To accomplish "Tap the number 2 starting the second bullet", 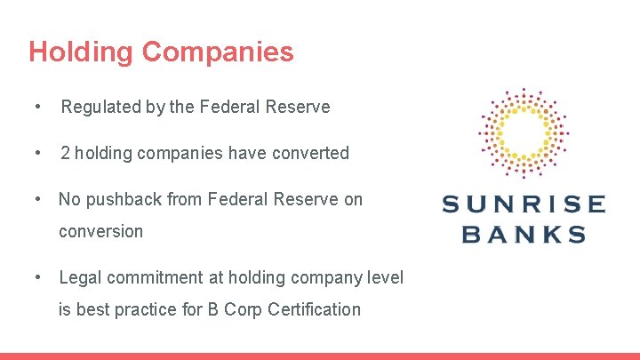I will (x=65, y=153).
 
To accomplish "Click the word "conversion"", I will (x=100, y=231).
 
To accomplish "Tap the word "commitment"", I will (x=153, y=277).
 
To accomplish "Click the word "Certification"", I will (x=310, y=309).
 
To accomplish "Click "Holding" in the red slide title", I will (x=81, y=52).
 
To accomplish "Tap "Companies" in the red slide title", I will (x=217, y=52).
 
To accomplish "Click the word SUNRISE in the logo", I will (x=524, y=204).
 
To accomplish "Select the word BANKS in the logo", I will (x=524, y=235).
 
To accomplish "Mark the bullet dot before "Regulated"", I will (x=36, y=108).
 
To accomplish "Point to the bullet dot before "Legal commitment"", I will (x=36, y=277).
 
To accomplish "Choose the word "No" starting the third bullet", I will (x=69, y=199).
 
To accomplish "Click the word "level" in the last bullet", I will (x=385, y=277).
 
